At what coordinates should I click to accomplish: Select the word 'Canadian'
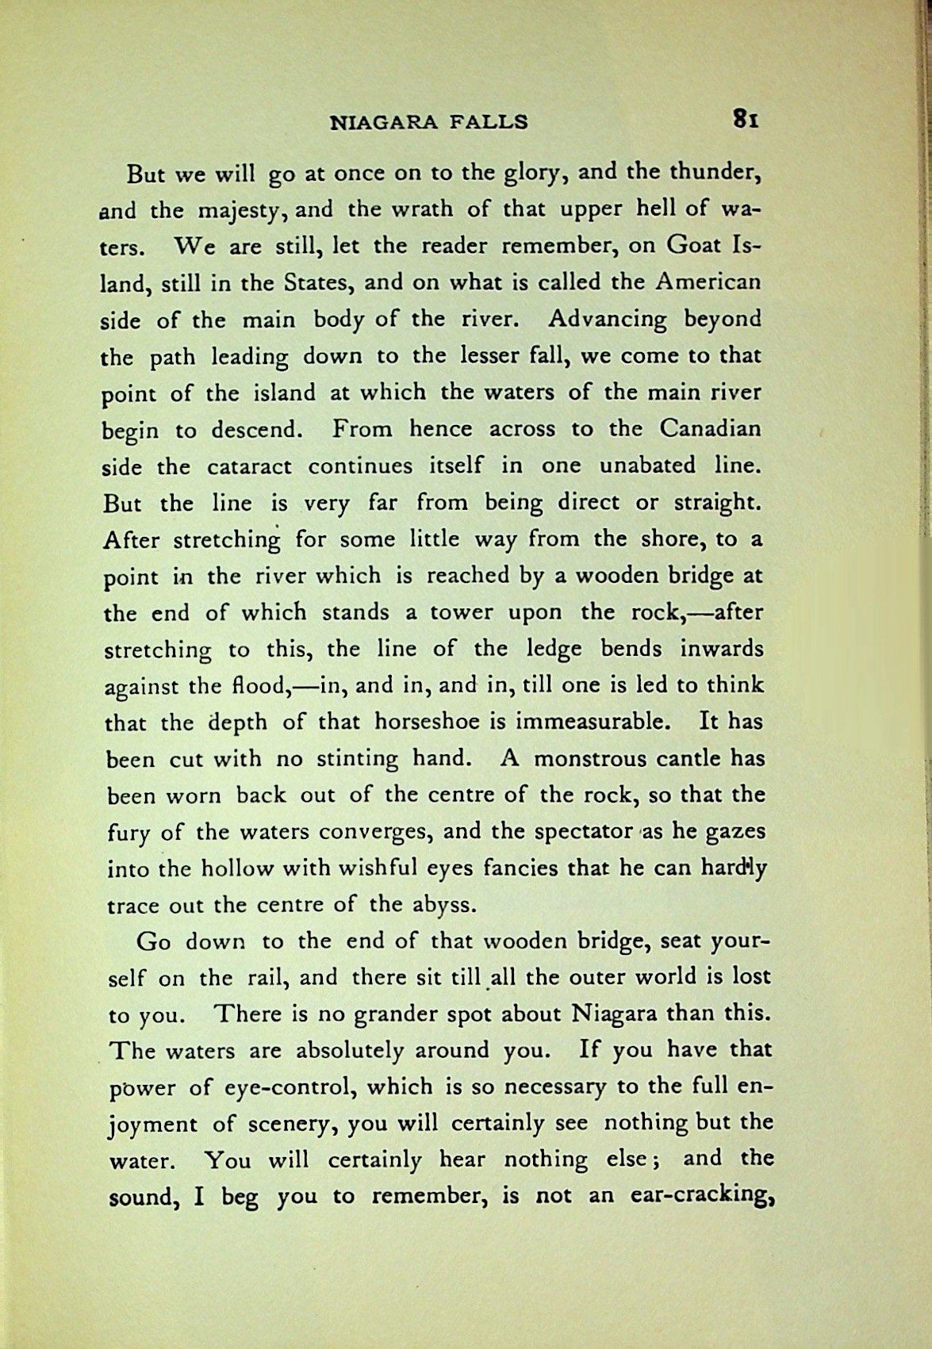click(710, 429)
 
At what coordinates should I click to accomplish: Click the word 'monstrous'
click(589, 759)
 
